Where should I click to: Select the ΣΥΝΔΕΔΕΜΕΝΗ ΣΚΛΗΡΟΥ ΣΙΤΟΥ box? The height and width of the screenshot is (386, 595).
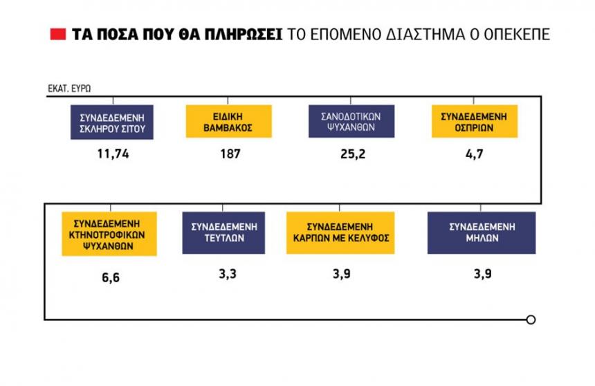pos(111,122)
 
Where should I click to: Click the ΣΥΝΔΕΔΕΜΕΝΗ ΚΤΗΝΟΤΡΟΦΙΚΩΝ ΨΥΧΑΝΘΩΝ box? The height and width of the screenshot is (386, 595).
pos(109,234)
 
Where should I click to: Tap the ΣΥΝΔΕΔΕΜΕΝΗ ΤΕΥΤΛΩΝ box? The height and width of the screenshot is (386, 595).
pos(224,233)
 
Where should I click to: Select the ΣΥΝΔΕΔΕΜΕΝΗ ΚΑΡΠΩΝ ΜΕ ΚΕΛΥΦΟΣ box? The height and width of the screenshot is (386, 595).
pos(340,233)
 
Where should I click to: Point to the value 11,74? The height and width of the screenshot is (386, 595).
pos(113,154)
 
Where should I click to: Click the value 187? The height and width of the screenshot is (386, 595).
pos(229,154)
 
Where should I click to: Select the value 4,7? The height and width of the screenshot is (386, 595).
pos(474,154)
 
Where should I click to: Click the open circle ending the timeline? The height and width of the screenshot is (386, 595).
pos(531,320)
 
